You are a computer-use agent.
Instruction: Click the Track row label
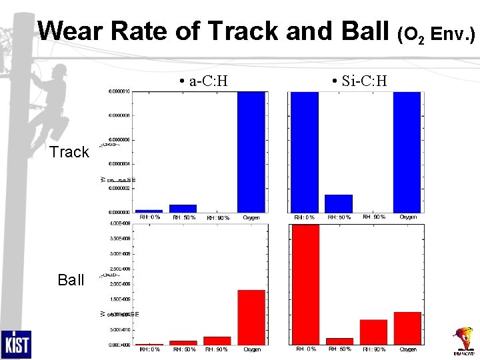point(69,152)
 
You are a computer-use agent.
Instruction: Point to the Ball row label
point(71,279)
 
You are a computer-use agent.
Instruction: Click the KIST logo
point(15,344)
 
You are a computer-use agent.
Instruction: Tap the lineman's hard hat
point(60,69)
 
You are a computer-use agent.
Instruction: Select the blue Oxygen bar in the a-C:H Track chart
point(251,151)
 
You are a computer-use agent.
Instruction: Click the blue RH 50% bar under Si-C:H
point(338,203)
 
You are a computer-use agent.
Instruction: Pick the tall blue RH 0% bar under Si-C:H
point(305,151)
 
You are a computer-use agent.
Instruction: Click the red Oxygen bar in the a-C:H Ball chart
point(251,317)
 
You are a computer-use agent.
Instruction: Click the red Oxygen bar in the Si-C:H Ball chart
point(407,328)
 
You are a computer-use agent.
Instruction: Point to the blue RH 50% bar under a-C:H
point(183,208)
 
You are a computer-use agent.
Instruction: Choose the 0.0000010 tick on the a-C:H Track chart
point(119,91)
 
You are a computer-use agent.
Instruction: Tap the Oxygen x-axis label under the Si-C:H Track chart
point(408,217)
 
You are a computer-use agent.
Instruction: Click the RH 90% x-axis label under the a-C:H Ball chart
point(217,349)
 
